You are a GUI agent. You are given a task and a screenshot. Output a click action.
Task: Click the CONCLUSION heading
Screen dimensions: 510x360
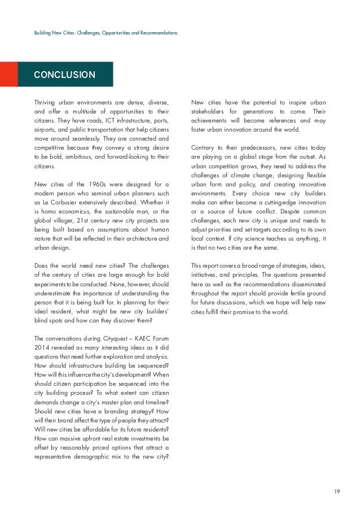(x=64, y=75)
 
